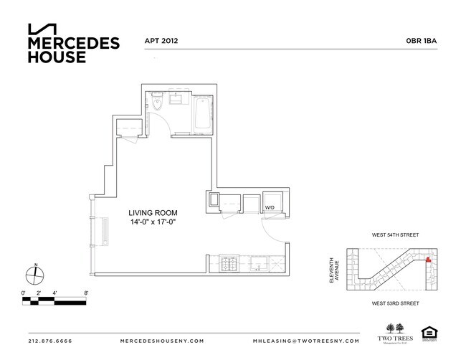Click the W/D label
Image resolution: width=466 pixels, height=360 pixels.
click(270, 208)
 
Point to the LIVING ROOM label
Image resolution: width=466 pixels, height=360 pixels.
click(153, 213)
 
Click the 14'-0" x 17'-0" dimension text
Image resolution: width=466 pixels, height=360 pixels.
click(153, 223)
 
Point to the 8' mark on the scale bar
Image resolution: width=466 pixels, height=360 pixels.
click(85, 293)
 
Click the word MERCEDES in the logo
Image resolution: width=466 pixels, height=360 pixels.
click(73, 43)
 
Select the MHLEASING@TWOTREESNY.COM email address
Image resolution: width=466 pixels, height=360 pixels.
click(302, 341)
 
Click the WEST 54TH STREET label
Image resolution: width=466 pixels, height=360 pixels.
click(394, 235)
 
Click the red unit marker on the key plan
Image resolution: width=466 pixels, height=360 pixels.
click(429, 260)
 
